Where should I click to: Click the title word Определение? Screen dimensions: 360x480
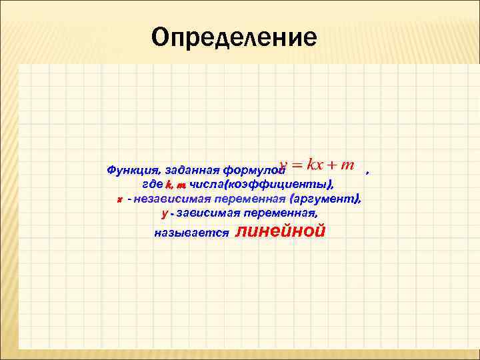click(233, 37)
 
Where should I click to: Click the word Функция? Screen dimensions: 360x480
click(131, 170)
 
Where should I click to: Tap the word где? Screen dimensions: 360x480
click(153, 185)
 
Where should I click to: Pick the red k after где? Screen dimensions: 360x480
click(169, 185)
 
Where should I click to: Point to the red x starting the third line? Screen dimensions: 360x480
click(119, 199)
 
